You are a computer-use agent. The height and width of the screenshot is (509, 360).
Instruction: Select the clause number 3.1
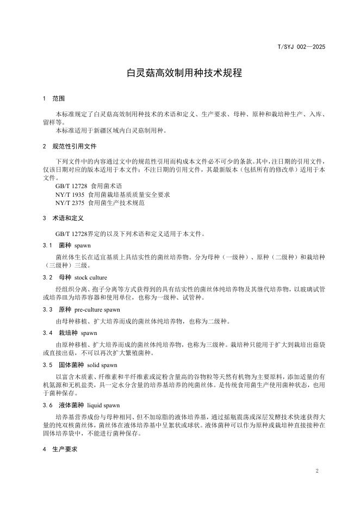(47, 246)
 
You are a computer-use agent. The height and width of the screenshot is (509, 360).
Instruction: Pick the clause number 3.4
(47, 332)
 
